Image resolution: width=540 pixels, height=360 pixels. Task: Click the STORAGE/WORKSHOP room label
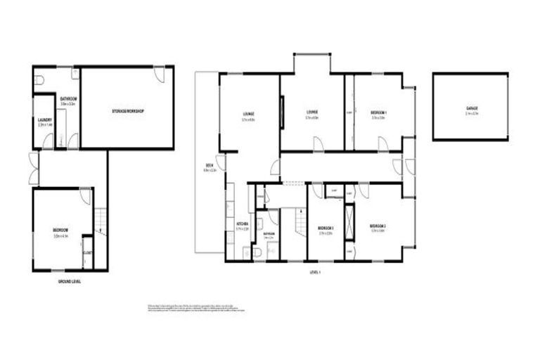[128, 112]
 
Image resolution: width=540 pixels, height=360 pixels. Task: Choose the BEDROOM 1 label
[379, 112]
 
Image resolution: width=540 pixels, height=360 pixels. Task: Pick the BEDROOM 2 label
[378, 226]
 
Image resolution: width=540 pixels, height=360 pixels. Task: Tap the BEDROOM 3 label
[325, 228]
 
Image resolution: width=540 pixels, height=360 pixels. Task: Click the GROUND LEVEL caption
[69, 281]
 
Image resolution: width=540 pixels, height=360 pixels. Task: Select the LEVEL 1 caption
[314, 272]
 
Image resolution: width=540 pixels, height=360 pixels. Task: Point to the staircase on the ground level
[100, 219]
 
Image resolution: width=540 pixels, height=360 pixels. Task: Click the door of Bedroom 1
[382, 144]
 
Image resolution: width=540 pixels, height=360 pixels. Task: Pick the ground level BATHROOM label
[68, 99]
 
